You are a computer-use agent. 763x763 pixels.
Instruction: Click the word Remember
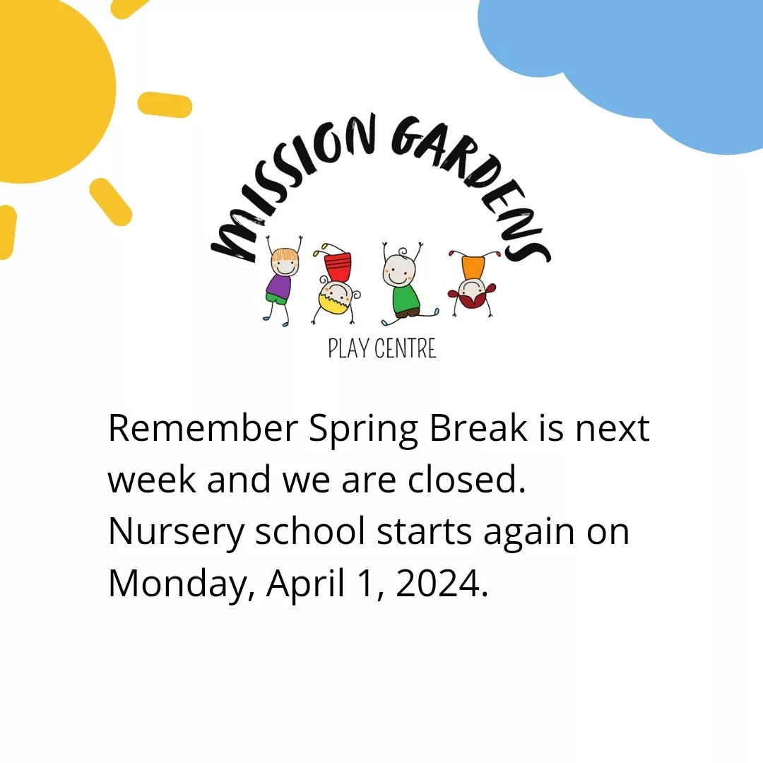point(203,428)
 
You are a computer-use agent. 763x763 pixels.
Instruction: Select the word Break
point(478,427)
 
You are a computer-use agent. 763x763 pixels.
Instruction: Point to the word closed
point(467,479)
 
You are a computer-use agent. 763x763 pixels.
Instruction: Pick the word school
point(310,531)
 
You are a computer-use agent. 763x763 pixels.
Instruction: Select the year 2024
point(442,583)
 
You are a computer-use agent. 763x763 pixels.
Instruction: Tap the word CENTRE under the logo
point(406,348)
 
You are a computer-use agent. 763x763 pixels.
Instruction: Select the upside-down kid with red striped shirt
point(336,284)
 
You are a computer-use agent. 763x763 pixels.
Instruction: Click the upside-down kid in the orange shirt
point(473,281)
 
